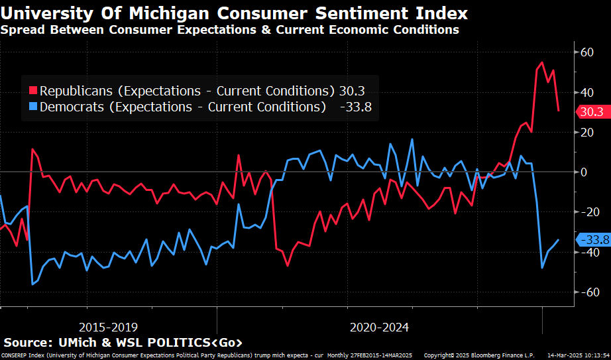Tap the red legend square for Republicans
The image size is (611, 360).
pyautogui.click(x=32, y=91)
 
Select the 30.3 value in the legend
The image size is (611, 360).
pyautogui.click(x=352, y=91)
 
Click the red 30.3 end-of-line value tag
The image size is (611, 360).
pyautogui.click(x=591, y=112)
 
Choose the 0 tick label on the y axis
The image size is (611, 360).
pyautogui.click(x=584, y=172)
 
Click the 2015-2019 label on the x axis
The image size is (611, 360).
pyautogui.click(x=109, y=327)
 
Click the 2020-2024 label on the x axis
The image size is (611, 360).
pyautogui.click(x=379, y=327)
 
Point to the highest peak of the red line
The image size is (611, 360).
pyautogui.click(x=542, y=63)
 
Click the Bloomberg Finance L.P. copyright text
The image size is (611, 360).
pyautogui.click(x=494, y=355)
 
